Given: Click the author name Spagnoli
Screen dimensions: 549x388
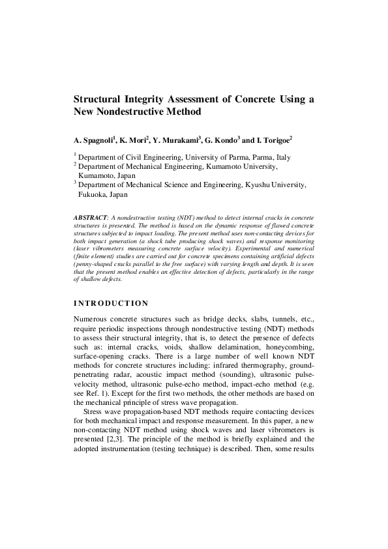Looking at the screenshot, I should click(98, 140).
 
